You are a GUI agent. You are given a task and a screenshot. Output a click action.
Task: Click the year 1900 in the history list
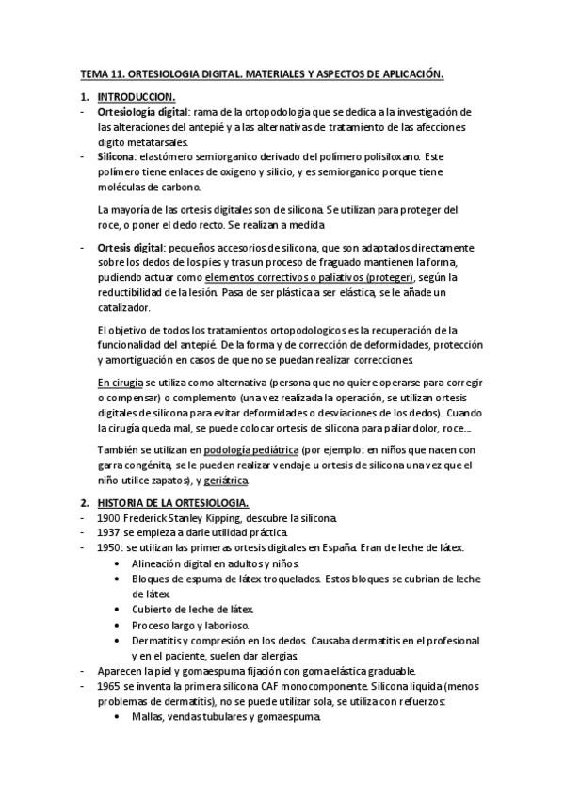click(x=110, y=519)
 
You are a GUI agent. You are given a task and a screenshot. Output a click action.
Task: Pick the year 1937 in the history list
click(x=110, y=534)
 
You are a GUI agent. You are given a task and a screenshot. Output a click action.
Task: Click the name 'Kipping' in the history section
click(x=248, y=519)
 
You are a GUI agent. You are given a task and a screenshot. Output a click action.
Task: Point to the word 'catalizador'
click(x=130, y=307)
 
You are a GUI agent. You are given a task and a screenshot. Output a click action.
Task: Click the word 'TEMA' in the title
click(x=93, y=73)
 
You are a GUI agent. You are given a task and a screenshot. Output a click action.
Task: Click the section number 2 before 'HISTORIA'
click(x=84, y=504)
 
